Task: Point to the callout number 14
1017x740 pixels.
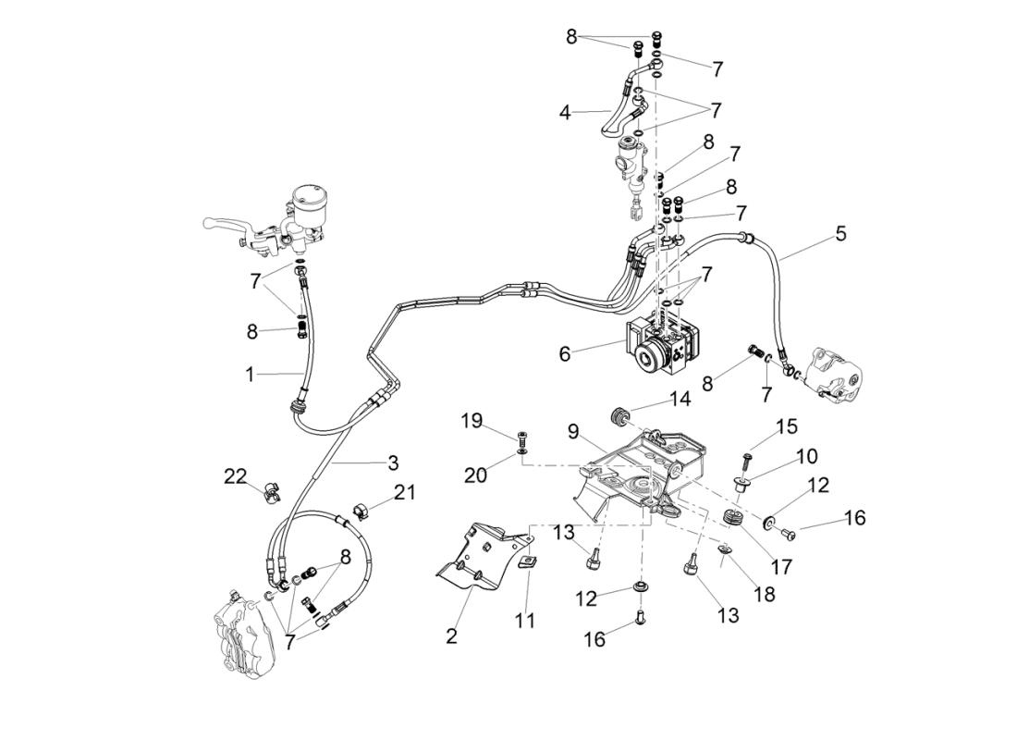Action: tap(680, 400)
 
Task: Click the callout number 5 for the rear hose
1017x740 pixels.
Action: tap(839, 233)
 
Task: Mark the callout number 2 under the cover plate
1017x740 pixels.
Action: tap(451, 635)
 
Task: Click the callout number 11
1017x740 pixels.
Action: tap(525, 621)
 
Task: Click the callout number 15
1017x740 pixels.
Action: tap(786, 427)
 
